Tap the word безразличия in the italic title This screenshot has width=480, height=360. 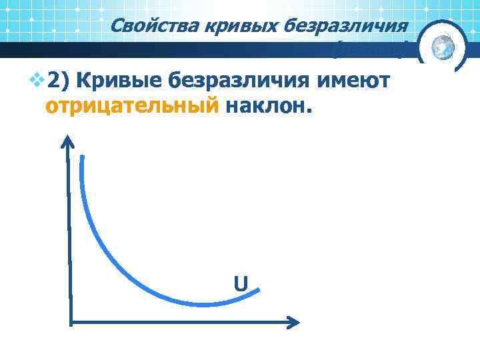coord(345,26)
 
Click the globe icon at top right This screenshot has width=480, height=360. coord(442,46)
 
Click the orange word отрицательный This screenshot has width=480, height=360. coord(131,105)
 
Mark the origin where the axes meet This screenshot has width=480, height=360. coord(69,322)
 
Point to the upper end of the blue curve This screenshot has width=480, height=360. coord(82,158)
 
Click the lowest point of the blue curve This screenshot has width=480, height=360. coord(200,304)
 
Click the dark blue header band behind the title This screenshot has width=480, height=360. coord(200,50)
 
